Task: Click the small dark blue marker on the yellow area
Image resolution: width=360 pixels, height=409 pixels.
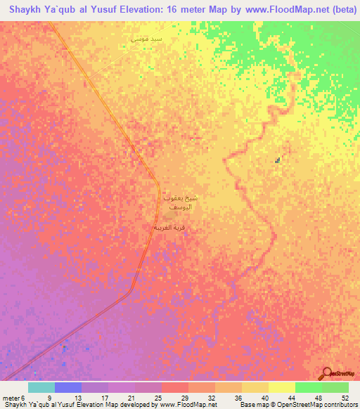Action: [x=278, y=161]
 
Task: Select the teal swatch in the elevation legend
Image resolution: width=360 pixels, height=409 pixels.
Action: [x=41, y=387]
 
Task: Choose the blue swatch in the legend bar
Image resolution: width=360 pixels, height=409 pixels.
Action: [x=68, y=387]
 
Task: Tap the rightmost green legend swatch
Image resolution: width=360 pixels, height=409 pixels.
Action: [x=335, y=387]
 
